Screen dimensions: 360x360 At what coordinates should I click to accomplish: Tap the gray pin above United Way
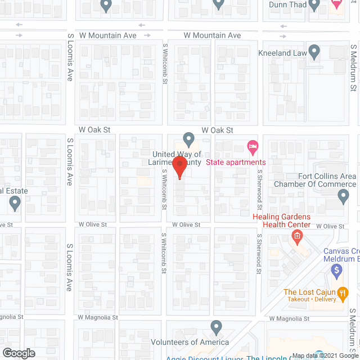click(189, 138)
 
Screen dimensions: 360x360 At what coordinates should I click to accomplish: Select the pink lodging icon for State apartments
click(253, 148)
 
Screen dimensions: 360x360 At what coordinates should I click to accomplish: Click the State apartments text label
click(235, 163)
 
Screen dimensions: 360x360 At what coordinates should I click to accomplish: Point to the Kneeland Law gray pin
click(314, 53)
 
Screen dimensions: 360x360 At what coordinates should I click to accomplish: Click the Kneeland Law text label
click(282, 53)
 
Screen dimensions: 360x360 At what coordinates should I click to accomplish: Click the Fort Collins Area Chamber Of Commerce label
click(315, 180)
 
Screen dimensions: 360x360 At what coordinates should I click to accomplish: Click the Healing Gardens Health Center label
click(281, 220)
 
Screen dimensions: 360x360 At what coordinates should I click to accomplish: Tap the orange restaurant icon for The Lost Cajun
click(341, 292)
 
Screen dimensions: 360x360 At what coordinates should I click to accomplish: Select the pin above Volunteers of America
click(216, 326)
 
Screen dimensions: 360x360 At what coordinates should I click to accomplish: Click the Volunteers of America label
click(190, 342)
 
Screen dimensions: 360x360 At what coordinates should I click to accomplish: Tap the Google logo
click(18, 353)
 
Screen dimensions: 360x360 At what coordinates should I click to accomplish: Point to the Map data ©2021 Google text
click(324, 356)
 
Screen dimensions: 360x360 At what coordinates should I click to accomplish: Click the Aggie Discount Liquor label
click(202, 358)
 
